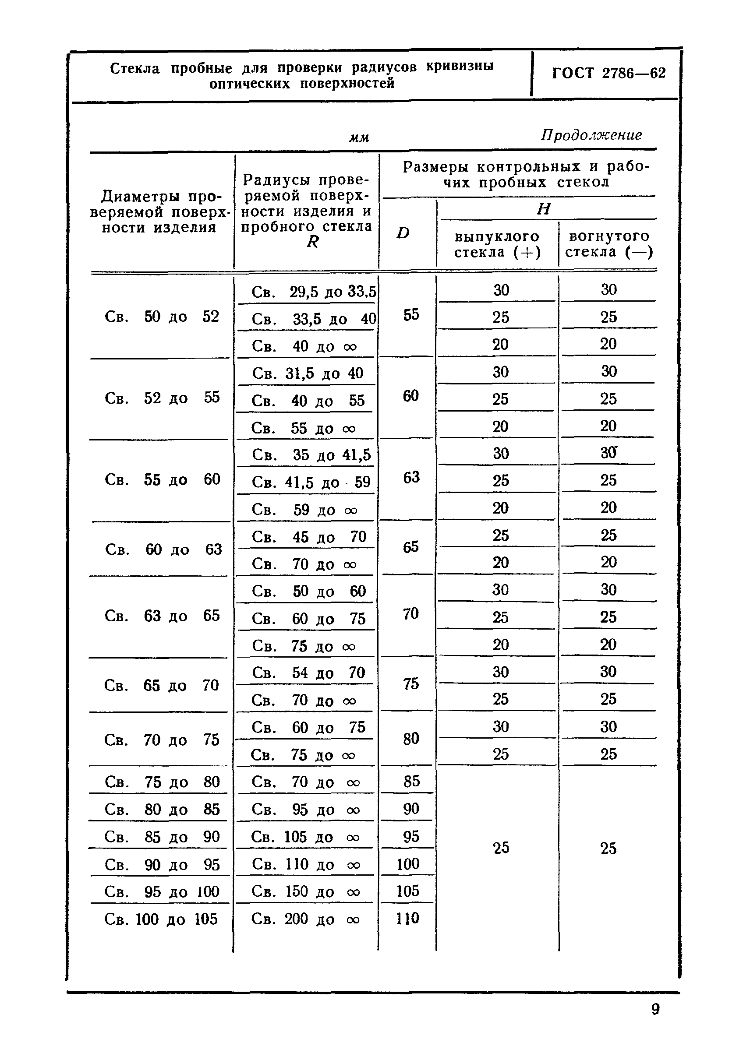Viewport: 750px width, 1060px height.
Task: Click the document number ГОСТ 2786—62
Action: pyautogui.click(x=608, y=74)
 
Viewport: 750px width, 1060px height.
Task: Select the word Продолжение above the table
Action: pyautogui.click(x=591, y=135)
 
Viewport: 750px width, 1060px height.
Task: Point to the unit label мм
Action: pyautogui.click(x=359, y=137)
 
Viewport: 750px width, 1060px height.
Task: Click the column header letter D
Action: pyautogui.click(x=403, y=232)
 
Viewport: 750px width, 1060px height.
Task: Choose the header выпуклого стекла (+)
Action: pyautogui.click(x=497, y=244)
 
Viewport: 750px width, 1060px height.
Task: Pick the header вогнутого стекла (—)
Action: pyautogui.click(x=608, y=244)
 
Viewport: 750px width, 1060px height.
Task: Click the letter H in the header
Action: pyautogui.click(x=544, y=209)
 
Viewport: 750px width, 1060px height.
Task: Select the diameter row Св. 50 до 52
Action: pyautogui.click(x=162, y=317)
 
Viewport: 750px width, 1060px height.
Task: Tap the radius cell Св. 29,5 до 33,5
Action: pyautogui.click(x=314, y=292)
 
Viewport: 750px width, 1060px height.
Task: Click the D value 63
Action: pyautogui.click(x=411, y=477)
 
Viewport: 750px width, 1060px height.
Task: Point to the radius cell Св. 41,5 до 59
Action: pyautogui.click(x=311, y=482)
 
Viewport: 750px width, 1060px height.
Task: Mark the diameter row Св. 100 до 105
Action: pyautogui.click(x=161, y=919)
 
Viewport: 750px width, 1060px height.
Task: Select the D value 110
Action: pyautogui.click(x=407, y=918)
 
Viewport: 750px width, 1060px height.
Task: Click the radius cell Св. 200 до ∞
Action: pyautogui.click(x=305, y=919)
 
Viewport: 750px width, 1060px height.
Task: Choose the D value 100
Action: pyautogui.click(x=408, y=864)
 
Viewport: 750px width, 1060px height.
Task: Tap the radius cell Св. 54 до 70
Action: pyautogui.click(x=308, y=673)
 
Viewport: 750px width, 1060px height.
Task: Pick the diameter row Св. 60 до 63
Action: pyautogui.click(x=163, y=549)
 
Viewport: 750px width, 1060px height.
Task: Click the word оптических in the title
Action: pyautogui.click(x=249, y=84)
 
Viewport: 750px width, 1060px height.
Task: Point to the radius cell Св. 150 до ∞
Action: pyautogui.click(x=305, y=891)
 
